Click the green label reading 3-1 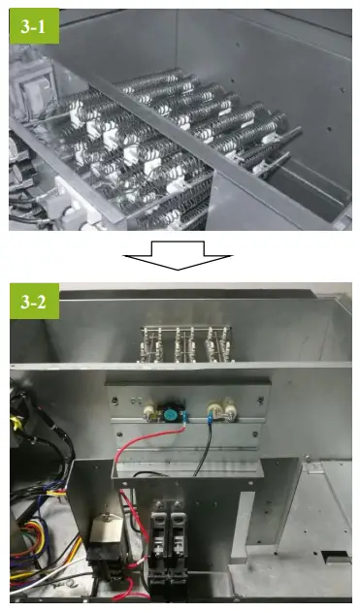point(34,26)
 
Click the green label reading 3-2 point(34,301)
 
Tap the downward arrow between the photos point(178,255)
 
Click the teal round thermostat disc point(170,412)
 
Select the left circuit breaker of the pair point(159,545)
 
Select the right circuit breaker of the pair point(178,545)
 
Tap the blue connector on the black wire point(210,420)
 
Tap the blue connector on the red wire point(184,417)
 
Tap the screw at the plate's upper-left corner point(115,401)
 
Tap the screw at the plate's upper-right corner point(260,400)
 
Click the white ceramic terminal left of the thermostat point(149,412)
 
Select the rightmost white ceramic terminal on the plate point(229,408)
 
